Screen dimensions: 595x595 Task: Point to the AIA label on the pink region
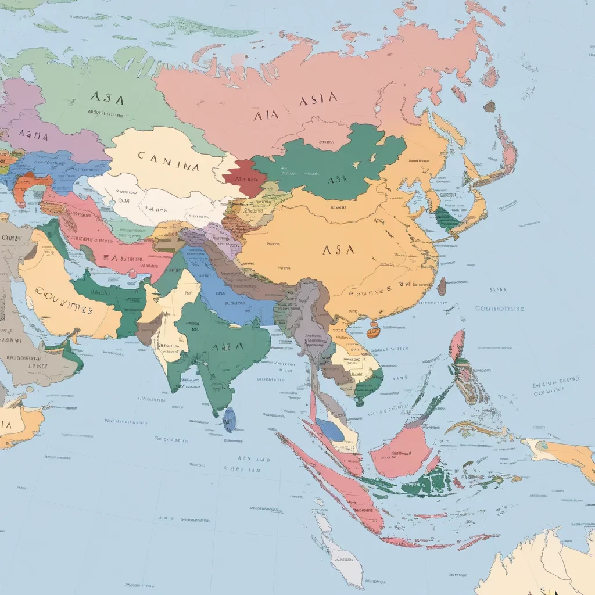[267, 115]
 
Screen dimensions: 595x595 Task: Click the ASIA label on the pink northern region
[318, 100]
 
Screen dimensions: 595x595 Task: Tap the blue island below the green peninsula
[230, 420]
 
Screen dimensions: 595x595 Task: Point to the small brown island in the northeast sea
[490, 106]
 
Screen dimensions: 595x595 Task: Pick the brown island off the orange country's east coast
[442, 286]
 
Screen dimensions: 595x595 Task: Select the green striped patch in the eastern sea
[446, 220]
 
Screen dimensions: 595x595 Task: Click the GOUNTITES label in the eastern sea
[500, 309]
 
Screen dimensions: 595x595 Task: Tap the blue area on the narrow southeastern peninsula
[330, 430]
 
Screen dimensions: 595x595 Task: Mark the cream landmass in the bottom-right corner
[540, 567]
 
